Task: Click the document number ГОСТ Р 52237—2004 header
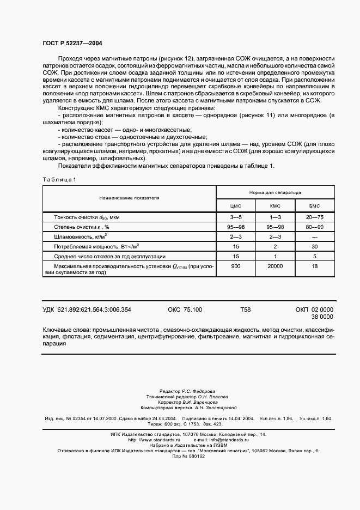click(72, 42)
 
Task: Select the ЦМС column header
click(236, 207)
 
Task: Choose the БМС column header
click(314, 207)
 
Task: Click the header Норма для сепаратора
click(275, 192)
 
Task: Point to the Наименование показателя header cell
click(129, 199)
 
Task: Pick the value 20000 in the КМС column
click(275, 266)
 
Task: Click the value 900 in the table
click(236, 266)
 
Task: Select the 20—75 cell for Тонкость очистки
click(314, 217)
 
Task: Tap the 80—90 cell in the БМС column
click(314, 227)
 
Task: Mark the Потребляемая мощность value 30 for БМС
click(314, 246)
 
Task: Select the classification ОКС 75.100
click(185, 309)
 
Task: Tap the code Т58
click(246, 309)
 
